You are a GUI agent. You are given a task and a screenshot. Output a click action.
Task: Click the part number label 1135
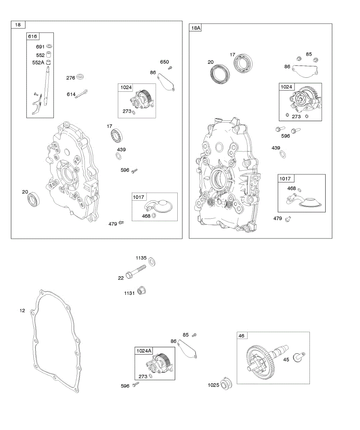141,258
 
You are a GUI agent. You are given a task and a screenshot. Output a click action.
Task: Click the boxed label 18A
196,28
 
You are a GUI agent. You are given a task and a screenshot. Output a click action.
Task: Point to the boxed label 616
32,37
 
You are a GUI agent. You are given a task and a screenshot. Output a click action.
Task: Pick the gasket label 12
22,310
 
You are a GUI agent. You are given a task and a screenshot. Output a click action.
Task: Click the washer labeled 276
81,77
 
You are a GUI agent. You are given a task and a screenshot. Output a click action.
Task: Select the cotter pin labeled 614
82,94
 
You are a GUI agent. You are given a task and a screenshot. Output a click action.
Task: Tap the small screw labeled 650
171,67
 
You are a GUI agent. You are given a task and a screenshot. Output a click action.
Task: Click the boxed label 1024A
144,351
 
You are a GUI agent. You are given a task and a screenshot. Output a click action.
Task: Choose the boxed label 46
241,336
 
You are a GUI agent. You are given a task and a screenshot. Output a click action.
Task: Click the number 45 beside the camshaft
287,359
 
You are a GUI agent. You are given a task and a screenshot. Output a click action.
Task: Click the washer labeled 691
50,47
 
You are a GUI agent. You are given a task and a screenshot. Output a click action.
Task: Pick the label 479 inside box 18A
278,218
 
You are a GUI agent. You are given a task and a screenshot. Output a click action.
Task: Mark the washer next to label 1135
151,262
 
